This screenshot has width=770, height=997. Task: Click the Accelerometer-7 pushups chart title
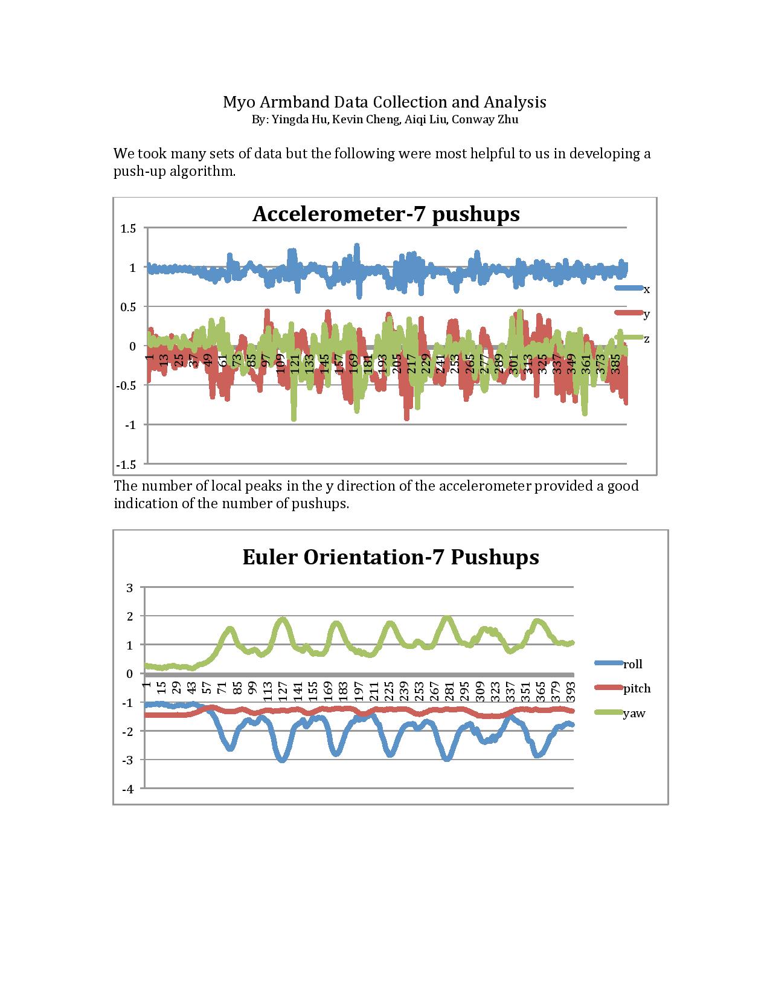pyautogui.click(x=385, y=214)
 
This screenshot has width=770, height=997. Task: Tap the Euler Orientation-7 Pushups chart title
pyautogui.click(x=390, y=557)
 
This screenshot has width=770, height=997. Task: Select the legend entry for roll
pyautogui.click(x=632, y=664)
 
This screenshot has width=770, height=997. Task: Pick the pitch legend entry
pyautogui.click(x=637, y=688)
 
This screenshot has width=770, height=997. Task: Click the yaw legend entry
pyautogui.click(x=634, y=714)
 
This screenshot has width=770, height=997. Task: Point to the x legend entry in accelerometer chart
pyautogui.click(x=646, y=289)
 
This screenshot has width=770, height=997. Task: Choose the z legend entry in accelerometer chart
pyautogui.click(x=646, y=339)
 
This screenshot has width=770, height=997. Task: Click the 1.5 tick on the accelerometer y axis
pyautogui.click(x=128, y=228)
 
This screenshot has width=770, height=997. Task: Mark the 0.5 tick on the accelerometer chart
pyautogui.click(x=128, y=307)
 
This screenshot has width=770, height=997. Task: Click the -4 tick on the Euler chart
pyautogui.click(x=128, y=789)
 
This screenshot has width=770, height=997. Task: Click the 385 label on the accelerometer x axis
pyautogui.click(x=616, y=363)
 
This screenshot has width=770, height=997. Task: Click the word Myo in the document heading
pyautogui.click(x=236, y=102)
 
